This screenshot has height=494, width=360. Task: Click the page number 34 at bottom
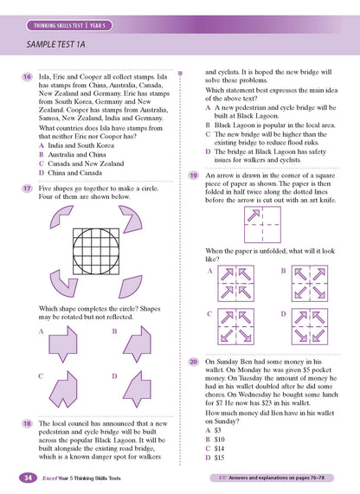(29, 478)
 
